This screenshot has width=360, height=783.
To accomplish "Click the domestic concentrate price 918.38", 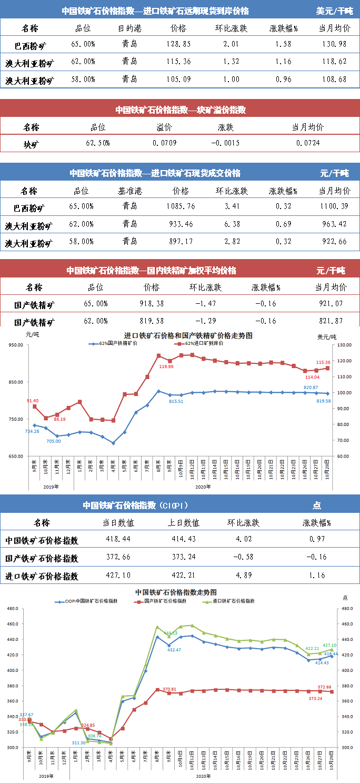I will pyautogui.click(x=151, y=304).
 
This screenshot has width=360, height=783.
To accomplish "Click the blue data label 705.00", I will pyautogui.click(x=54, y=441).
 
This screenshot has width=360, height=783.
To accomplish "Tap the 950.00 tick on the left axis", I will pyautogui.click(x=15, y=345).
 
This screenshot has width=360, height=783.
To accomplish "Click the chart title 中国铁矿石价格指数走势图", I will pyautogui.click(x=176, y=592).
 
